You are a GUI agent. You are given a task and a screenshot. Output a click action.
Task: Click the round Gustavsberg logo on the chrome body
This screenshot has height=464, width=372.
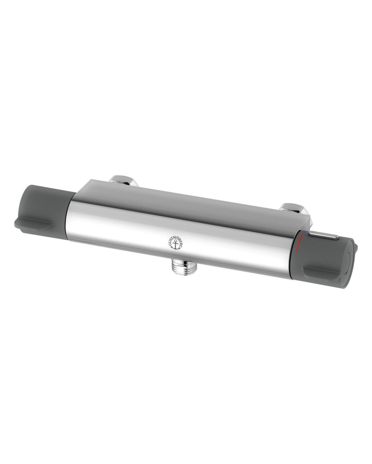click(176, 244)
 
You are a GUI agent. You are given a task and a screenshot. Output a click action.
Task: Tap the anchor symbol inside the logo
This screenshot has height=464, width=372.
click(175, 246)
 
